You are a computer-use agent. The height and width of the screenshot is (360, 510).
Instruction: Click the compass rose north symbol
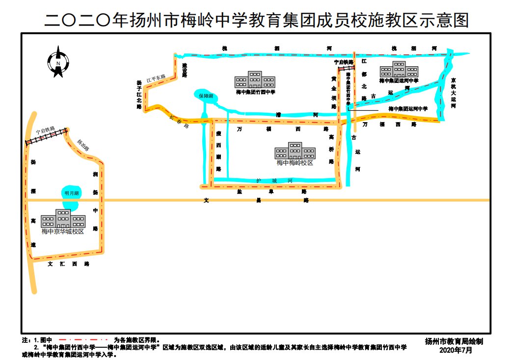point(58,62)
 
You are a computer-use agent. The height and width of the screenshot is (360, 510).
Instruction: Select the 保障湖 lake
point(205,96)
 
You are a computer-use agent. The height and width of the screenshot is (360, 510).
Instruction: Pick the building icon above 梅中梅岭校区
point(295,151)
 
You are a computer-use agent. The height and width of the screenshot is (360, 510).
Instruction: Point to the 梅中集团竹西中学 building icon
point(255,79)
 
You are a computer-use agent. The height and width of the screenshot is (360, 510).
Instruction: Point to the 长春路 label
point(179,122)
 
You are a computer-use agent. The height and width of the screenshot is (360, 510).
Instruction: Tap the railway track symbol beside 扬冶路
point(47,137)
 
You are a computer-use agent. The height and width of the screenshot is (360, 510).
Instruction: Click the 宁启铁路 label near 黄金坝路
point(344,62)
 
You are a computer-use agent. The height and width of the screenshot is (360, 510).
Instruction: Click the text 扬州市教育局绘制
point(455,340)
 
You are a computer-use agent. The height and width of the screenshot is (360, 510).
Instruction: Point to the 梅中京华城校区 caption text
point(62,231)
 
